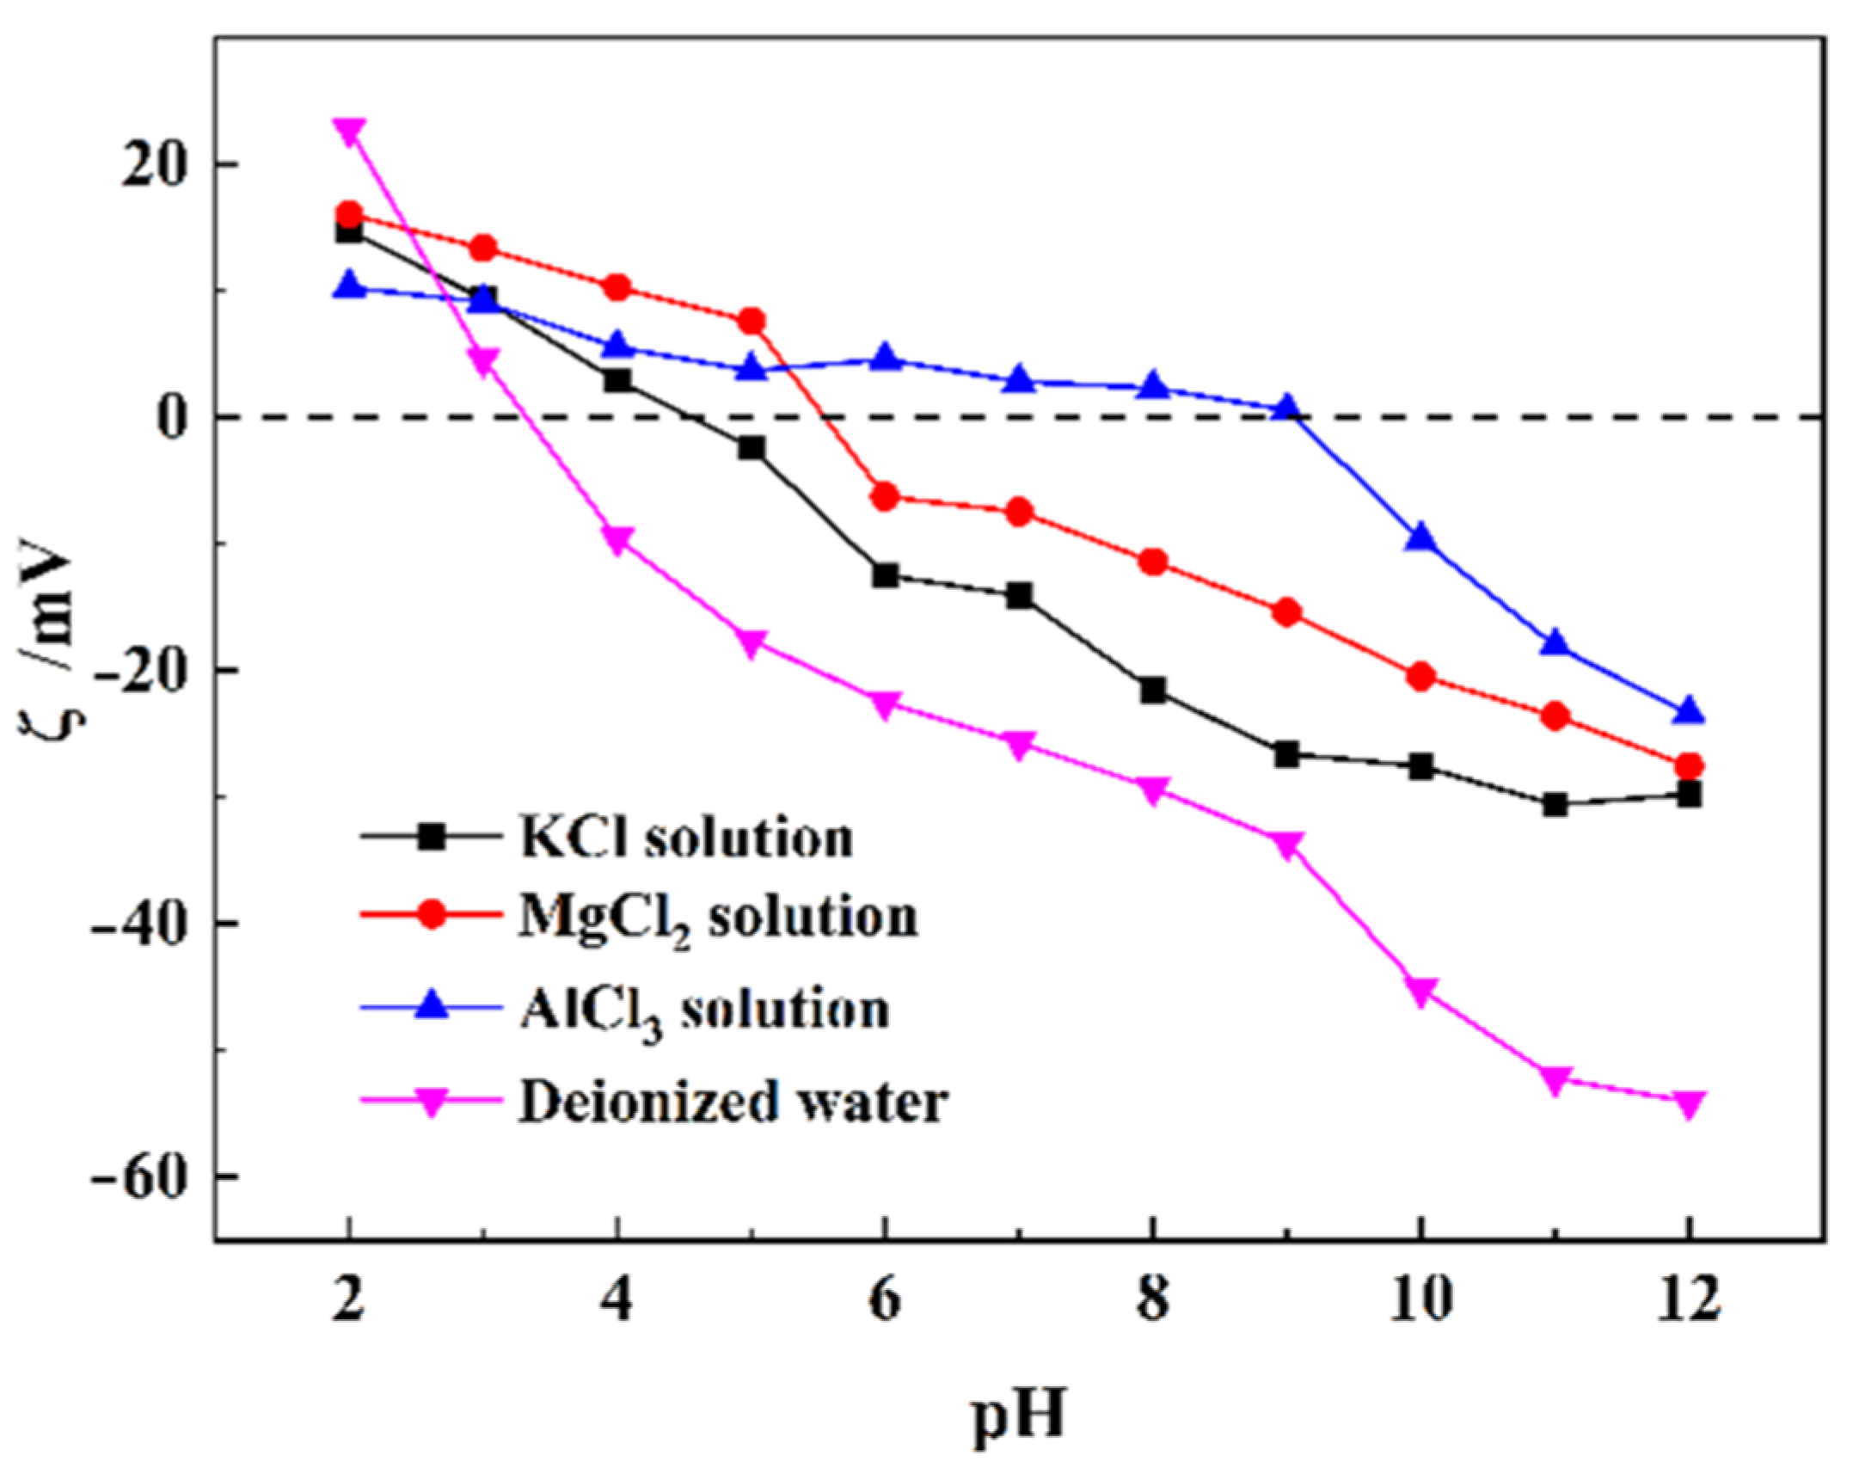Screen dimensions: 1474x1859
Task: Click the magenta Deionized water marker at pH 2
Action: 348,132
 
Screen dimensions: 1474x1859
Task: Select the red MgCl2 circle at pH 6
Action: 885,497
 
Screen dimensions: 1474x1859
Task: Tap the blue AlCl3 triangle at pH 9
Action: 1287,408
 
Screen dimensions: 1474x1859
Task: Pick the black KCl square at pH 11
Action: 1555,805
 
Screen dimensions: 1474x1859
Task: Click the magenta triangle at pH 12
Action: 1689,1104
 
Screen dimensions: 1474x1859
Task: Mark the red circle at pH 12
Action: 1689,766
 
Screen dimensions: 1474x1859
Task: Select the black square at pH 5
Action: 751,448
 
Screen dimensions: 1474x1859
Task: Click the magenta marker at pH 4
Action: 617,541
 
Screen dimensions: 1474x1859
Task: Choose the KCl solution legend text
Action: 686,837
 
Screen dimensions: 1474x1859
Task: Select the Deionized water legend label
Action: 733,1102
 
